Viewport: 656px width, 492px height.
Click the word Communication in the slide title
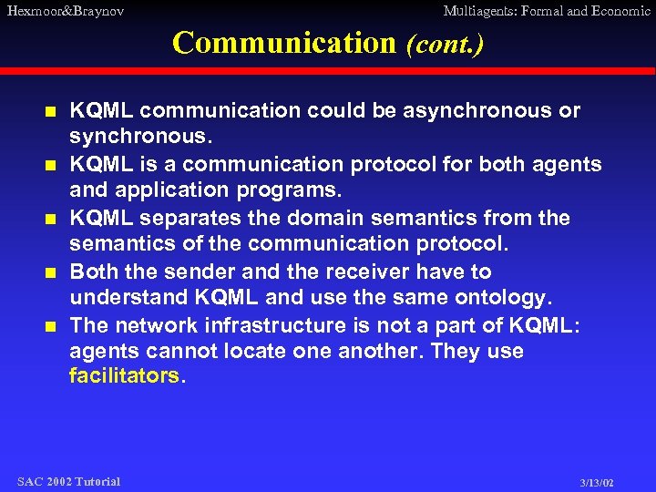(283, 43)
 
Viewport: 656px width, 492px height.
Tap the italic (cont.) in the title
(444, 44)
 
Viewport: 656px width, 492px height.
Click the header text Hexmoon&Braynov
(65, 11)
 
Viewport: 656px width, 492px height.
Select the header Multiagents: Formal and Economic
(546, 11)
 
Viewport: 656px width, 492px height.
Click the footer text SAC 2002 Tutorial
(68, 481)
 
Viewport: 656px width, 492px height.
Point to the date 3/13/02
(597, 482)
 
